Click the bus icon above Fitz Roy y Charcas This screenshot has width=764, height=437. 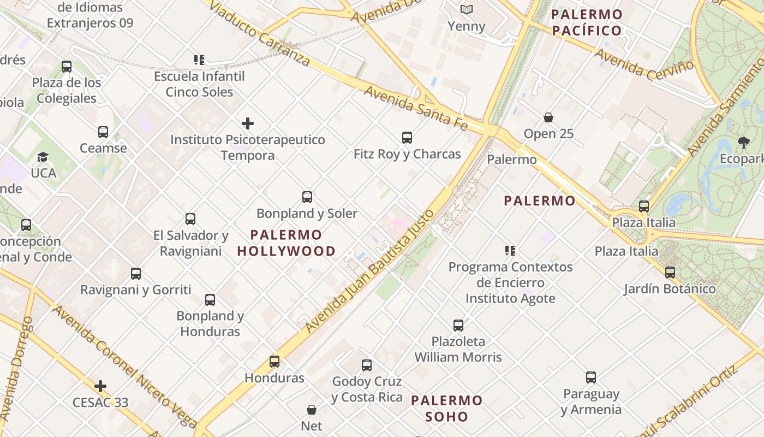pos(407,138)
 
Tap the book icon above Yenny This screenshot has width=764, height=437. pos(466,9)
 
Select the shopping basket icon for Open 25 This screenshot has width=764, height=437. pos(548,117)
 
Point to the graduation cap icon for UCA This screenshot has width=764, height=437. pos(43,157)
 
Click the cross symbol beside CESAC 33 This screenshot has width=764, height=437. pos(100,386)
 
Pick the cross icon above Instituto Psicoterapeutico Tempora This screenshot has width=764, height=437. pos(248,123)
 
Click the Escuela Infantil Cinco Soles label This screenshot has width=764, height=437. pos(199,84)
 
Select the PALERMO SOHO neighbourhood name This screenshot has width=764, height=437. pos(447,409)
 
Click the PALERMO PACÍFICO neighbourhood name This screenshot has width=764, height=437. pos(587,22)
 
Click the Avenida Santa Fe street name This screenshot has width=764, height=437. pos(416,108)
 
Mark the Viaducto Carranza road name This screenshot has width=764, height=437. pos(259,33)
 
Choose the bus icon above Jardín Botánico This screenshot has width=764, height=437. pos(670,272)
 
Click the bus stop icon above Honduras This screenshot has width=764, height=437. pos(274,362)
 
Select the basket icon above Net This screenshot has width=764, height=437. pos(312,410)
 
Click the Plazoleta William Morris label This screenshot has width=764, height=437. pos(458,350)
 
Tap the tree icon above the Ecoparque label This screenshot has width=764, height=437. pos(743,143)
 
